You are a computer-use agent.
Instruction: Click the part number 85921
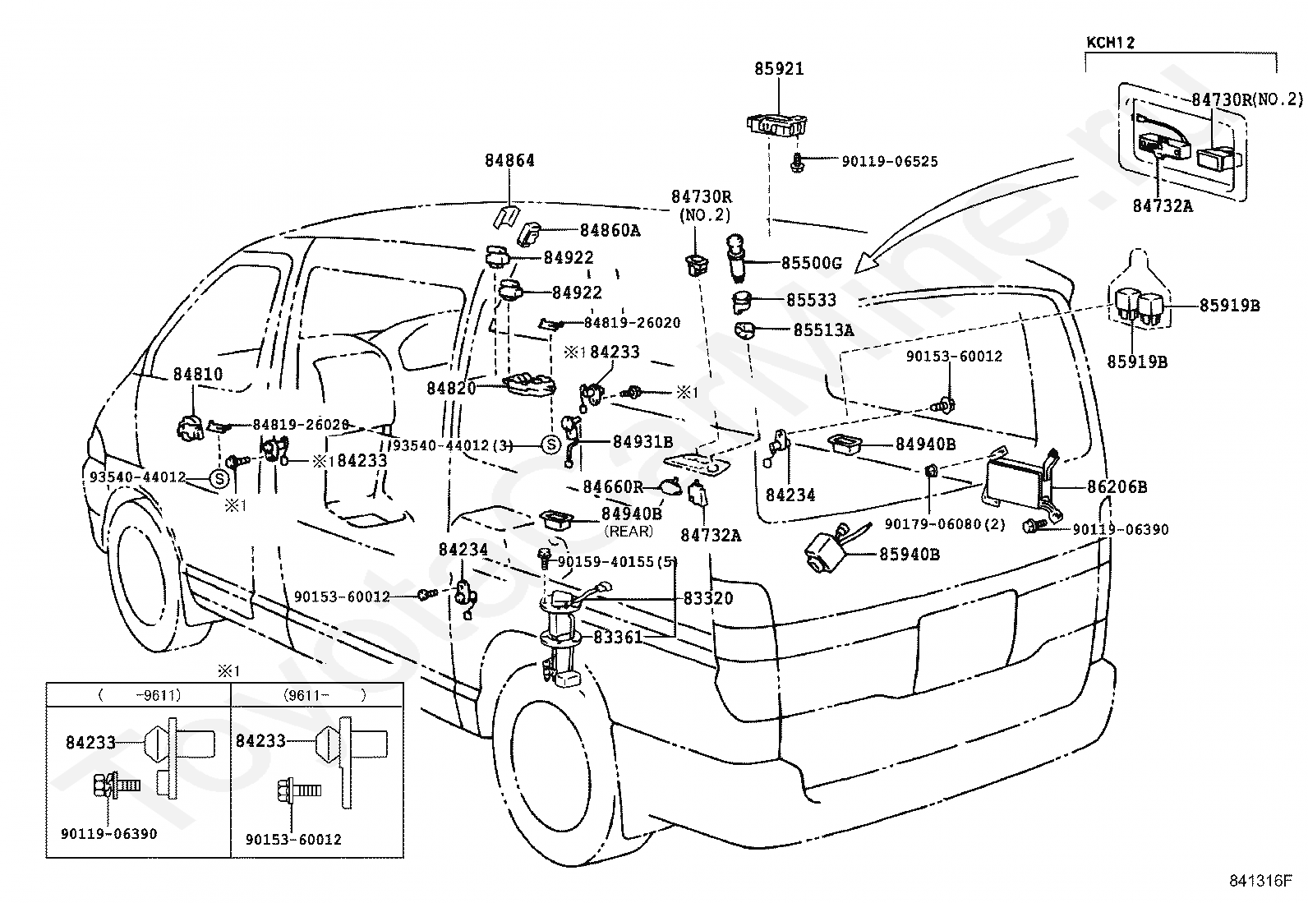point(779,69)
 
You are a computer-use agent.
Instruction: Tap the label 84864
point(509,160)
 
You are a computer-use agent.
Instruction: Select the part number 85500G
point(812,264)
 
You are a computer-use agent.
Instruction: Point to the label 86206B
point(1117,486)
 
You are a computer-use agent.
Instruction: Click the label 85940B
point(910,554)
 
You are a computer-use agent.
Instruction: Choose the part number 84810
point(198,374)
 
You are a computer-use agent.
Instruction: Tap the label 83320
point(708,598)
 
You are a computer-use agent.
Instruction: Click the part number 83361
point(618,638)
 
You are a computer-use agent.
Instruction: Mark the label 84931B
point(642,442)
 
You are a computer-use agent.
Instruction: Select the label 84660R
point(613,486)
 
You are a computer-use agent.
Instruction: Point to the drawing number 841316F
point(1260,881)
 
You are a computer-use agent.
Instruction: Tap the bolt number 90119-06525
point(890,161)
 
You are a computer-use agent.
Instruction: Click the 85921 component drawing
point(778,124)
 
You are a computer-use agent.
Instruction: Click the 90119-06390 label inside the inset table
point(109,834)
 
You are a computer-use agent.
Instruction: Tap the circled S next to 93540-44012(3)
point(550,445)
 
